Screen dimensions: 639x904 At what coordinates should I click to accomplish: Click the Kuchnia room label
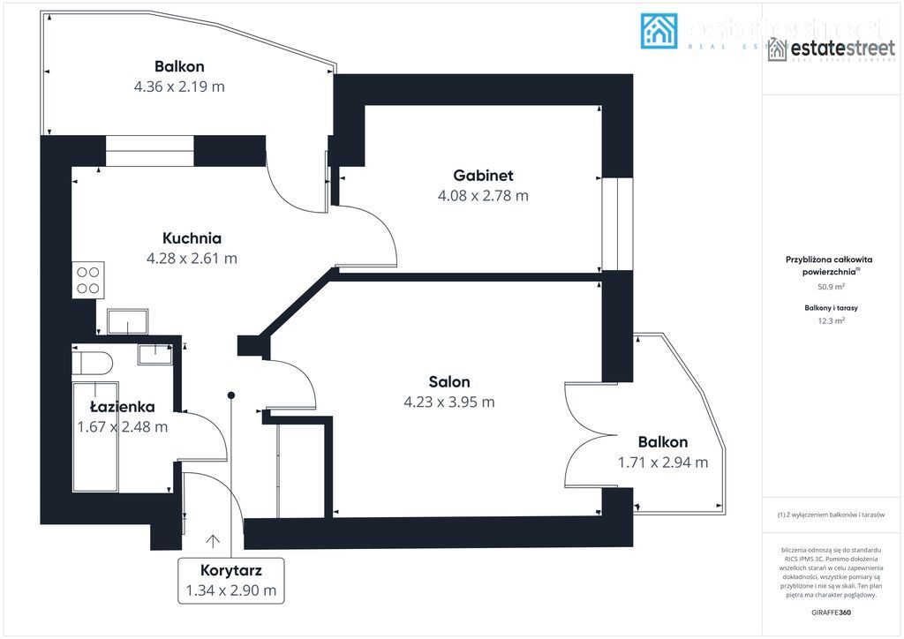click(x=192, y=237)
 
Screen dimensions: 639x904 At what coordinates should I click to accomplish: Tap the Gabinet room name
click(x=483, y=175)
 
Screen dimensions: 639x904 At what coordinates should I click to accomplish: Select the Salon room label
click(x=448, y=381)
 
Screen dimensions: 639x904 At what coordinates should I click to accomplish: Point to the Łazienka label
click(x=123, y=407)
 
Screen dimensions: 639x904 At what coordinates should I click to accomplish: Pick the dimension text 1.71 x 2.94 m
click(x=663, y=462)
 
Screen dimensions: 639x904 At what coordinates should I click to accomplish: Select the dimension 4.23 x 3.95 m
click(x=448, y=402)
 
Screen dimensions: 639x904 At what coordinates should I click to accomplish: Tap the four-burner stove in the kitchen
click(x=88, y=279)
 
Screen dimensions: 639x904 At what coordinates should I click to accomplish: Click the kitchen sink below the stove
click(x=129, y=322)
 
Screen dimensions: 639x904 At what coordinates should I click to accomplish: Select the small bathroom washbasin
click(x=155, y=352)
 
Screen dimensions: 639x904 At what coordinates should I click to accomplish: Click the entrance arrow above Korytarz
click(x=213, y=541)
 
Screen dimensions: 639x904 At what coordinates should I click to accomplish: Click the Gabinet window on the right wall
click(x=617, y=222)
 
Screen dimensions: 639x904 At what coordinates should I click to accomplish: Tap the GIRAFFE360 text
click(x=831, y=612)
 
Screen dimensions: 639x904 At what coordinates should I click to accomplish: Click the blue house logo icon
click(x=659, y=31)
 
